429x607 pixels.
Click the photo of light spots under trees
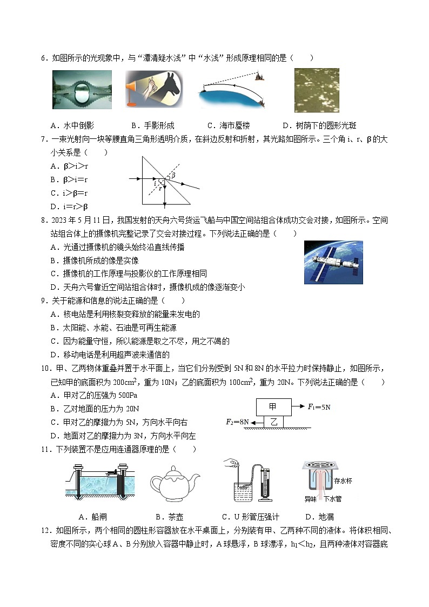coord(317,90)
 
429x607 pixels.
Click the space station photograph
coord(333,263)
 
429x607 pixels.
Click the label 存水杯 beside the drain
coord(343,481)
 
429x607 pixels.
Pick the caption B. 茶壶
coord(169,517)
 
